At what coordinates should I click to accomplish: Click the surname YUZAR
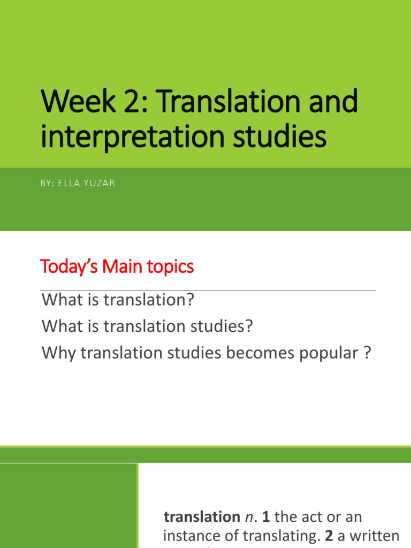(102, 184)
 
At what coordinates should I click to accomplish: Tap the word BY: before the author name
(48, 184)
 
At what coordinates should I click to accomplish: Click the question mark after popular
(367, 353)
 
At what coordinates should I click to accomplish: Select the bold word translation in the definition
(202, 517)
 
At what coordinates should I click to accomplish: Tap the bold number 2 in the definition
(331, 536)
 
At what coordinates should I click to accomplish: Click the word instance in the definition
(191, 536)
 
